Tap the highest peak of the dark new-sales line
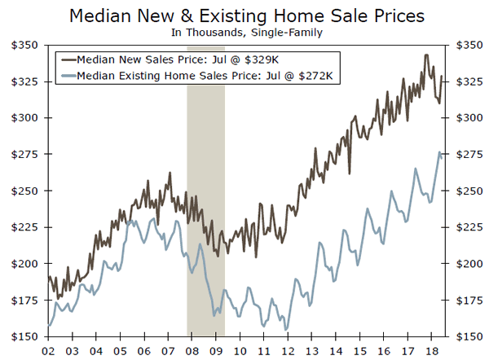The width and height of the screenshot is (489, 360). (x=426, y=55)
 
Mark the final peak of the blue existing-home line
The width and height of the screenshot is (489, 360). (x=441, y=152)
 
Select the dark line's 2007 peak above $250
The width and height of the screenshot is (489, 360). (x=170, y=173)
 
